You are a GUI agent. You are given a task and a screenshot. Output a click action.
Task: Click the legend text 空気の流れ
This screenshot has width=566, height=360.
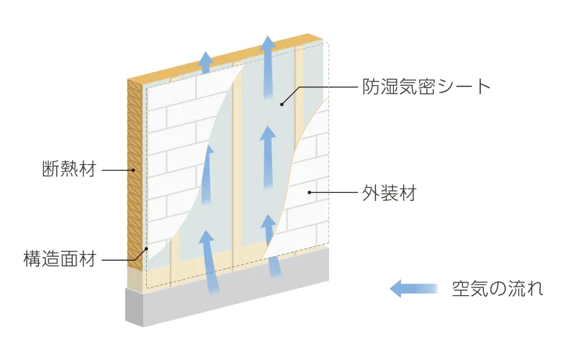click(497, 289)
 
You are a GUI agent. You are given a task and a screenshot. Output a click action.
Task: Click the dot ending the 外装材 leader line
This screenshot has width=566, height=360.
click(310, 192)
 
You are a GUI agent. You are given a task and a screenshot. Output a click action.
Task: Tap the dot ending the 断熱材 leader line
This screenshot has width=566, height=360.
click(134, 171)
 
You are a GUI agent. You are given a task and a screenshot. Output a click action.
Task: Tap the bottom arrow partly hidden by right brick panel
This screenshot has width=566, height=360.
click(271, 245)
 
